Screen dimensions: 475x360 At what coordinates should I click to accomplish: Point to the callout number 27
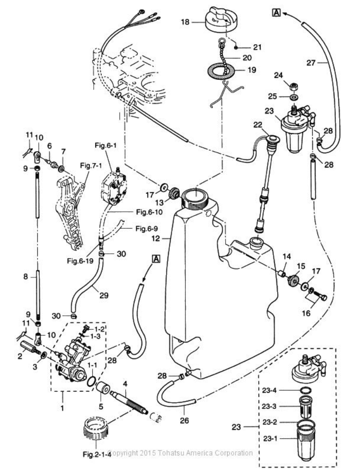(323, 62)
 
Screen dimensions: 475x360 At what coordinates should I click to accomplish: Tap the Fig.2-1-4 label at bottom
(94, 455)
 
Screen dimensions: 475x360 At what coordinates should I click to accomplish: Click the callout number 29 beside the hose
(104, 296)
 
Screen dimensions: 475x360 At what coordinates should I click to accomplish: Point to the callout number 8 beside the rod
(26, 277)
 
